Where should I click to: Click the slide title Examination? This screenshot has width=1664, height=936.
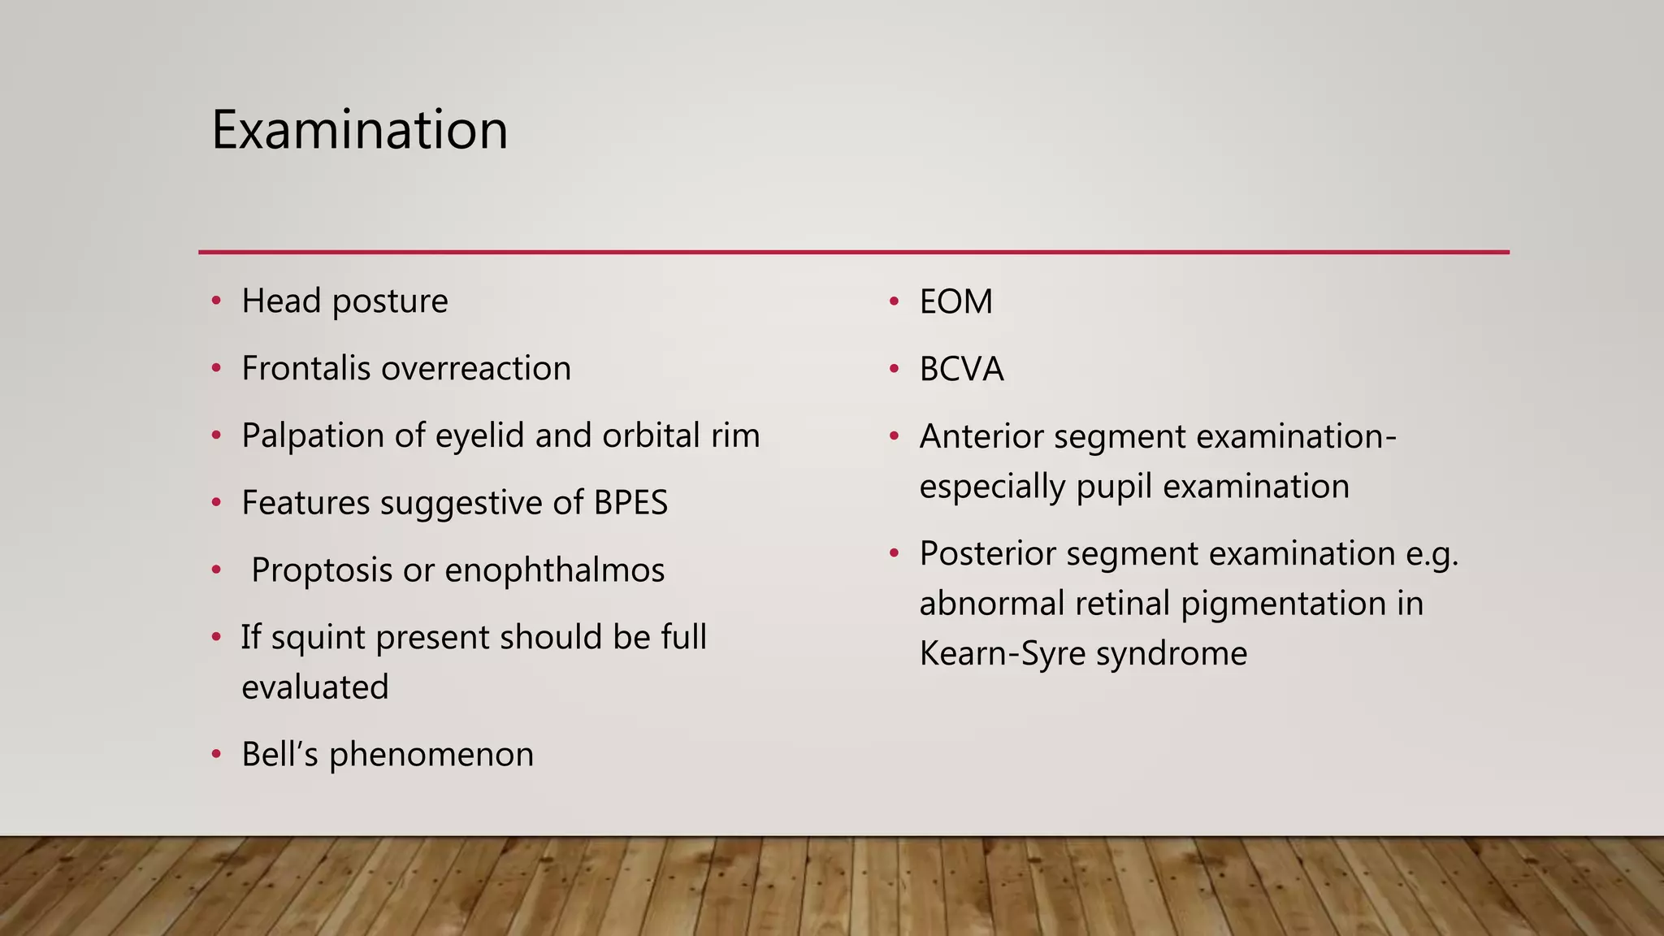[x=359, y=130]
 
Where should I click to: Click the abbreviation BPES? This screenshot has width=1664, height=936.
[x=630, y=503]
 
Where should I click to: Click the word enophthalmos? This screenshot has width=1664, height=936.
[x=554, y=570]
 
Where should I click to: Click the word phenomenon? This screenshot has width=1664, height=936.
[x=431, y=755]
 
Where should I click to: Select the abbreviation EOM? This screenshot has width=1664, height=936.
[x=955, y=302]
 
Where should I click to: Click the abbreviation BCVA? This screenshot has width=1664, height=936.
[x=961, y=370]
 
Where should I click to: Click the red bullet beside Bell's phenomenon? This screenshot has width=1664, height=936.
[x=216, y=755]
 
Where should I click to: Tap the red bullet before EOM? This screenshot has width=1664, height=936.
[x=894, y=302]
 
